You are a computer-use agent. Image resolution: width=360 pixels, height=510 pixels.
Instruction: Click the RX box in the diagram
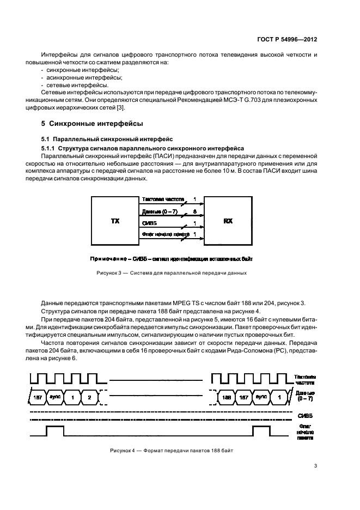pos(228,222)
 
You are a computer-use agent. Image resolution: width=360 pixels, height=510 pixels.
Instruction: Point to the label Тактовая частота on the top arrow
pos(162,199)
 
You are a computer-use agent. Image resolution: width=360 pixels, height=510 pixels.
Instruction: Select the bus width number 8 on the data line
pos(195,210)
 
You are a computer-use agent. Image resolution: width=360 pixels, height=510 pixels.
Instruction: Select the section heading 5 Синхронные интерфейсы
pos(92,124)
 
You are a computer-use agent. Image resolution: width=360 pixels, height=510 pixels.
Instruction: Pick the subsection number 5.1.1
pos(48,148)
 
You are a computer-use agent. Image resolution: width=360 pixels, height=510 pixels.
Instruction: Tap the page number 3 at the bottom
pos(316,465)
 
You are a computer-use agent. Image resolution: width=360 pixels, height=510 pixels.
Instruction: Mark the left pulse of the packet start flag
pos(55,432)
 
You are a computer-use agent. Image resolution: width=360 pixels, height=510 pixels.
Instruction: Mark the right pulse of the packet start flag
pos(260,432)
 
